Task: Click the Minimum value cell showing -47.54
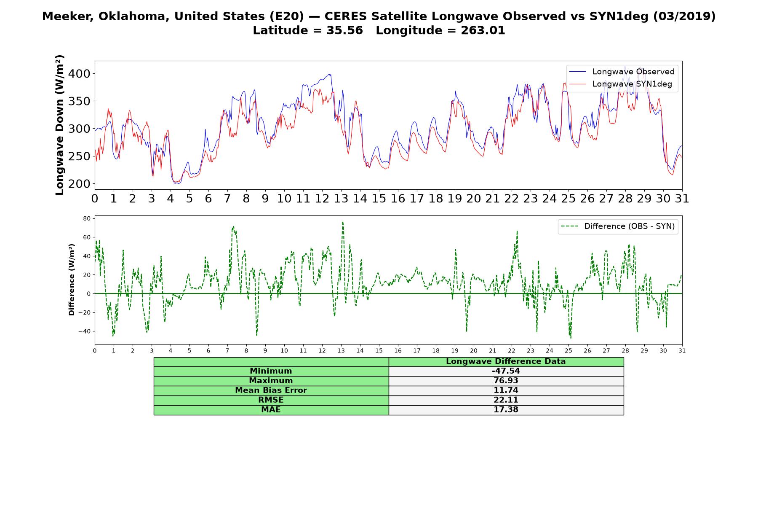[506, 371]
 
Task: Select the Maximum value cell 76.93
[506, 381]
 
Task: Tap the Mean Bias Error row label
[271, 390]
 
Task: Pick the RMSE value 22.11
[506, 400]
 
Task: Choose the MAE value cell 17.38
[506, 410]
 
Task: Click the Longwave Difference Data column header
[506, 361]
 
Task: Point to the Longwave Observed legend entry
[622, 72]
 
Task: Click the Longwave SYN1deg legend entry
[621, 84]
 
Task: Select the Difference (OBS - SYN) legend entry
[618, 226]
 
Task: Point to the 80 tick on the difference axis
[87, 218]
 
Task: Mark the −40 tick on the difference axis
[85, 331]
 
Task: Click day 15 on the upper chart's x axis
[379, 199]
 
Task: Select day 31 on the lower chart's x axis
[682, 350]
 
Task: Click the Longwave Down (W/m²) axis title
[59, 125]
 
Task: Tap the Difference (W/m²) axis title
[72, 280]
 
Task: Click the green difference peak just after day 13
[343, 222]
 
